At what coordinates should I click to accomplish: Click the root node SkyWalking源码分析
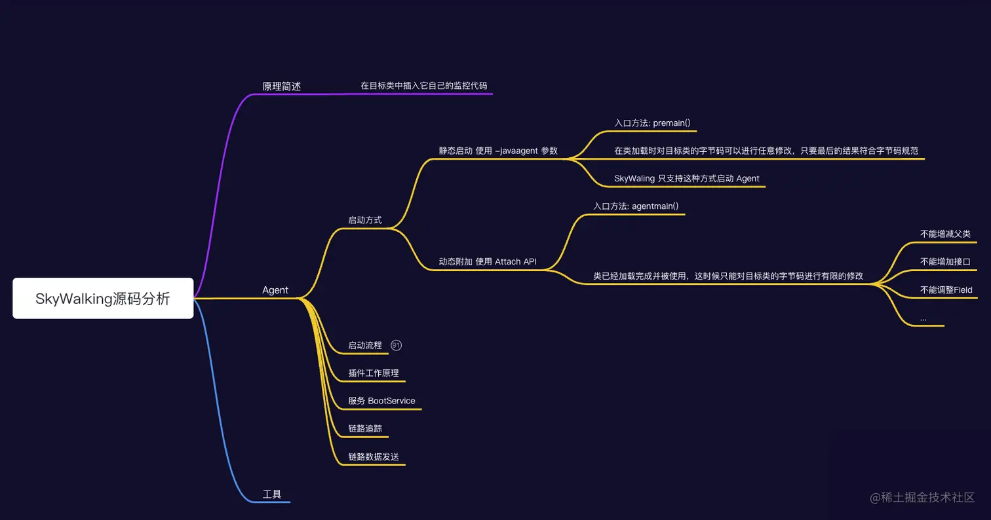(x=103, y=299)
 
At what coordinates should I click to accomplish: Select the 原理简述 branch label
(x=281, y=86)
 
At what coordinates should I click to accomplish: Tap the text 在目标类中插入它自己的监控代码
(x=423, y=86)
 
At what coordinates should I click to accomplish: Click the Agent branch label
(x=275, y=290)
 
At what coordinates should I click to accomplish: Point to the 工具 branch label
(x=272, y=494)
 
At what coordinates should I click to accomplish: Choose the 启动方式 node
(x=365, y=220)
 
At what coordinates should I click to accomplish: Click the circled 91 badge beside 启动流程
(x=396, y=345)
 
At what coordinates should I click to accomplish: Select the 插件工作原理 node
(x=374, y=373)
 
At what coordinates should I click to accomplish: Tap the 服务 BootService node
(x=381, y=401)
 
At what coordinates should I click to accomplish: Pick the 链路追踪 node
(x=365, y=428)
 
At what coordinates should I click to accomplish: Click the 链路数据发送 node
(x=374, y=456)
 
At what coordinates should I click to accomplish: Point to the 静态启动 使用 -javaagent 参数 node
(x=498, y=151)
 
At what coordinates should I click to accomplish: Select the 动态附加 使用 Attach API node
(x=488, y=262)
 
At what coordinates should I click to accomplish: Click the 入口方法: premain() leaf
(x=652, y=123)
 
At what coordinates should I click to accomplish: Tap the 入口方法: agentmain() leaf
(x=636, y=206)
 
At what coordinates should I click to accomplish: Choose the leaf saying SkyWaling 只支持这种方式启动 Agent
(x=687, y=179)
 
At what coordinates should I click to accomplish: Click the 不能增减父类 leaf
(x=945, y=234)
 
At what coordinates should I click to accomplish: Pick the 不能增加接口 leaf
(x=945, y=262)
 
